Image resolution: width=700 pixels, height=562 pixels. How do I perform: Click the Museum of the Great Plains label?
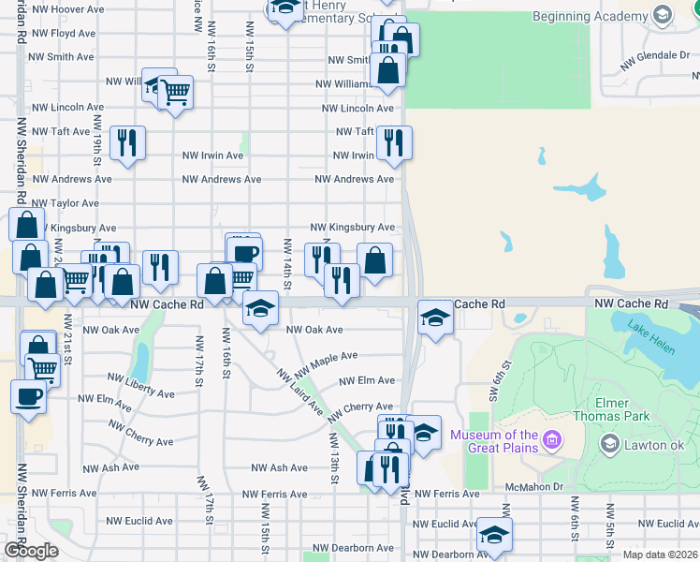(494, 441)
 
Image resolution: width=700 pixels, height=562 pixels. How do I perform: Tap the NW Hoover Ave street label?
(66, 8)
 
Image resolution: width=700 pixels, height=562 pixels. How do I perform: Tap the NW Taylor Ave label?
(65, 202)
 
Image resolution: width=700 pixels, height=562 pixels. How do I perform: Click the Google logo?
(31, 551)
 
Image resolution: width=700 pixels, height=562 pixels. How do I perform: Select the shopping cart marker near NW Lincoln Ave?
(176, 93)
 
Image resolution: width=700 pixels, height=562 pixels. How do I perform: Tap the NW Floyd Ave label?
(62, 33)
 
